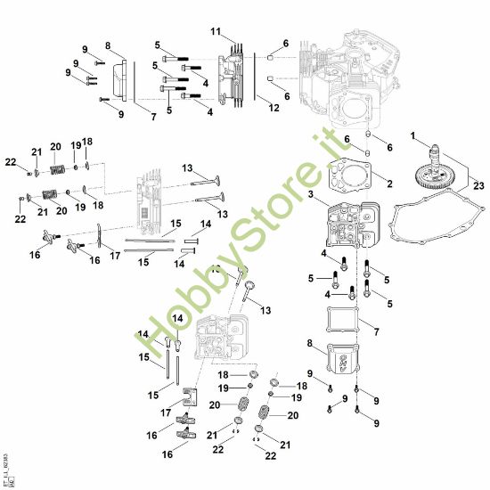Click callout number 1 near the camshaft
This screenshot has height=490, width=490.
(x=413, y=135)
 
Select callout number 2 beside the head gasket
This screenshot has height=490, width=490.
(x=388, y=184)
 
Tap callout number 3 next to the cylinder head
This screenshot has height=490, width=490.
(x=310, y=193)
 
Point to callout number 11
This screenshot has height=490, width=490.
(x=215, y=31)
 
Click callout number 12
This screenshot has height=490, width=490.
(x=274, y=108)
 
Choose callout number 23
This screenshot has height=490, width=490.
(x=479, y=184)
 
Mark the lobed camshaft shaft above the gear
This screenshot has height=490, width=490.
(x=436, y=154)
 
